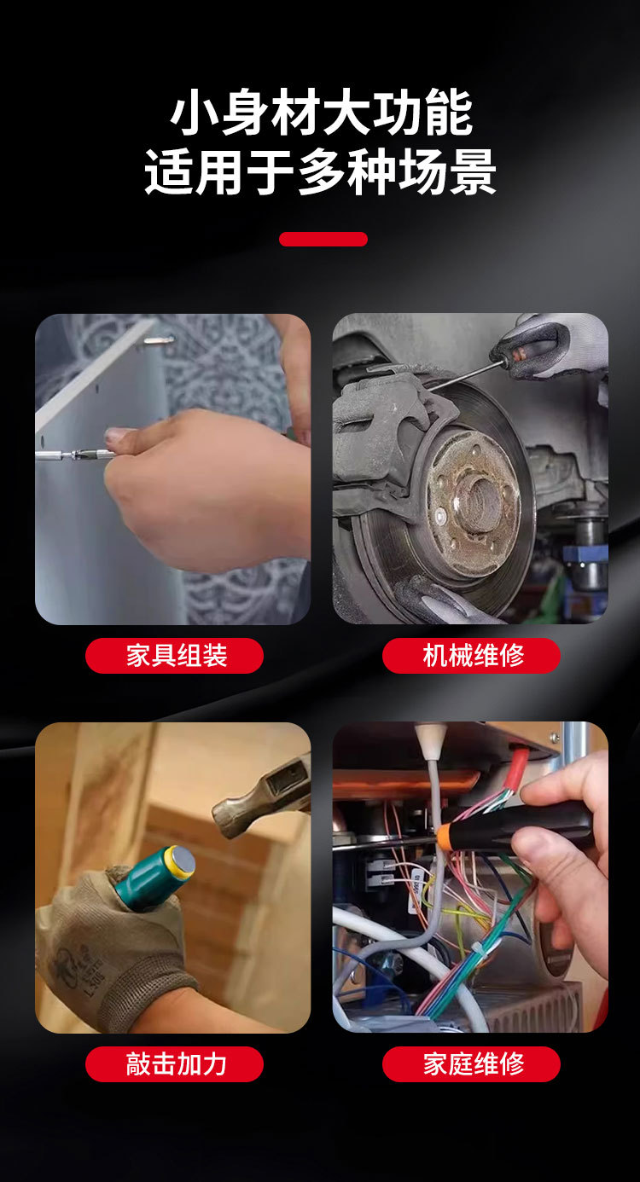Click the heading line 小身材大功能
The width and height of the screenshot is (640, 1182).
(321, 114)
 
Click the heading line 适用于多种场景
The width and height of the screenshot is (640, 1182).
(321, 172)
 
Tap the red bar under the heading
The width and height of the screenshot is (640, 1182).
(323, 240)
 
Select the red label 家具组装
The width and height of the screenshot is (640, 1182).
(174, 656)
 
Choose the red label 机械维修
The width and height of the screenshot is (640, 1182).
(471, 656)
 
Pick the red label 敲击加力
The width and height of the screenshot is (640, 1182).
(174, 1064)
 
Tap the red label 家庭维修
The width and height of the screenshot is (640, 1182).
(471, 1064)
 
